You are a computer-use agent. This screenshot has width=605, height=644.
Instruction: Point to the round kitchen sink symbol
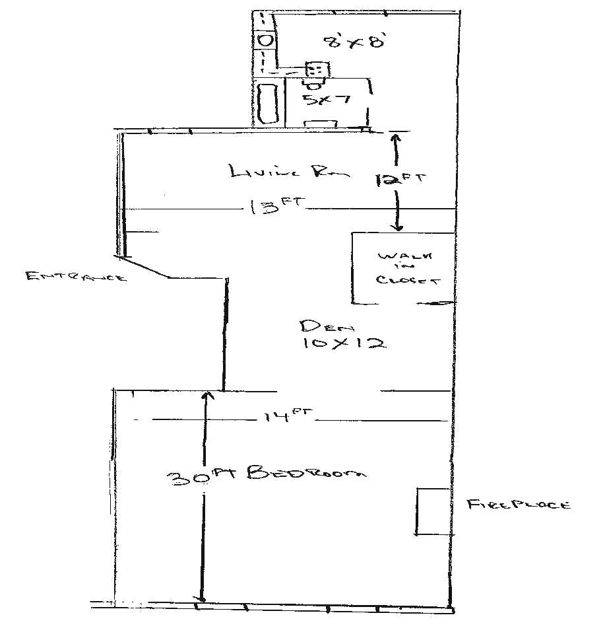(264, 40)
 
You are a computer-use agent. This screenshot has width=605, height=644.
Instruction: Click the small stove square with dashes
(316, 69)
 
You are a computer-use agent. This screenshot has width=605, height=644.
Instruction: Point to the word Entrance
(75, 277)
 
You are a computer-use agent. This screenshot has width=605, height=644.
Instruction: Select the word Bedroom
(306, 472)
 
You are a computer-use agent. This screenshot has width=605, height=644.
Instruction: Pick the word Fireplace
(518, 505)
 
